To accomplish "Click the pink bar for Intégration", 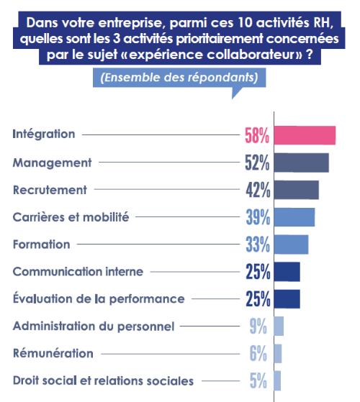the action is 305,135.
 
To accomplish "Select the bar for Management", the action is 301,163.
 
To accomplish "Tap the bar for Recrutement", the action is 297,190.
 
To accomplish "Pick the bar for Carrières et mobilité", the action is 294,217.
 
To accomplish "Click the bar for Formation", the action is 291,245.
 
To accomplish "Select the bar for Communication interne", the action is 287,272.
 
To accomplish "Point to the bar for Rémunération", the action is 278,354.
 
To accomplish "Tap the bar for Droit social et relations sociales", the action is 277,380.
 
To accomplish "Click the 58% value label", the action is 257,135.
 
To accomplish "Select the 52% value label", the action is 257,163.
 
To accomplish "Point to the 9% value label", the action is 258,326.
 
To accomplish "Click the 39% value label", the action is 258,217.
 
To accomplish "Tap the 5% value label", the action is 258,380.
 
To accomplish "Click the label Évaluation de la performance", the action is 99,298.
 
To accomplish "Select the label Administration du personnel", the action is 94,326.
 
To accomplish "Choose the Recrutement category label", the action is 50,190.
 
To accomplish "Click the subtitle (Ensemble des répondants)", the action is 179,78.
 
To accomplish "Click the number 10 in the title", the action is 245,23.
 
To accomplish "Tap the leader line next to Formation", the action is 158,244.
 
